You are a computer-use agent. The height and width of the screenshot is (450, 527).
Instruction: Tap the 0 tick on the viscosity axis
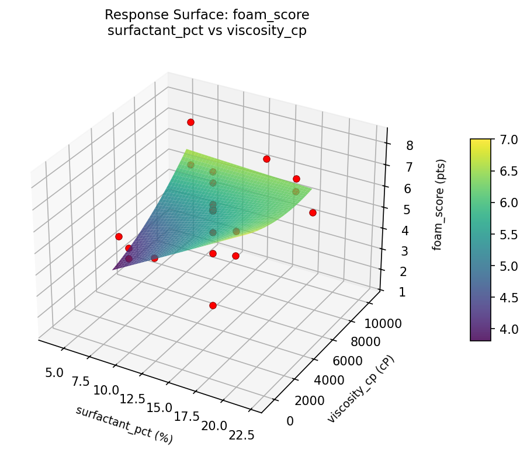tap(290, 421)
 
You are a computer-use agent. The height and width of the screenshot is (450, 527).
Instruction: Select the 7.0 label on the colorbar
tap(508, 139)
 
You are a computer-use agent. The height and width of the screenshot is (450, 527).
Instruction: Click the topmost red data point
tap(190, 122)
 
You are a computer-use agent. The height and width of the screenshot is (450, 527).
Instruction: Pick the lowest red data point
tap(213, 305)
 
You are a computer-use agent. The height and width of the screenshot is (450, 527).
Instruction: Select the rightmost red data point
tap(313, 212)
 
